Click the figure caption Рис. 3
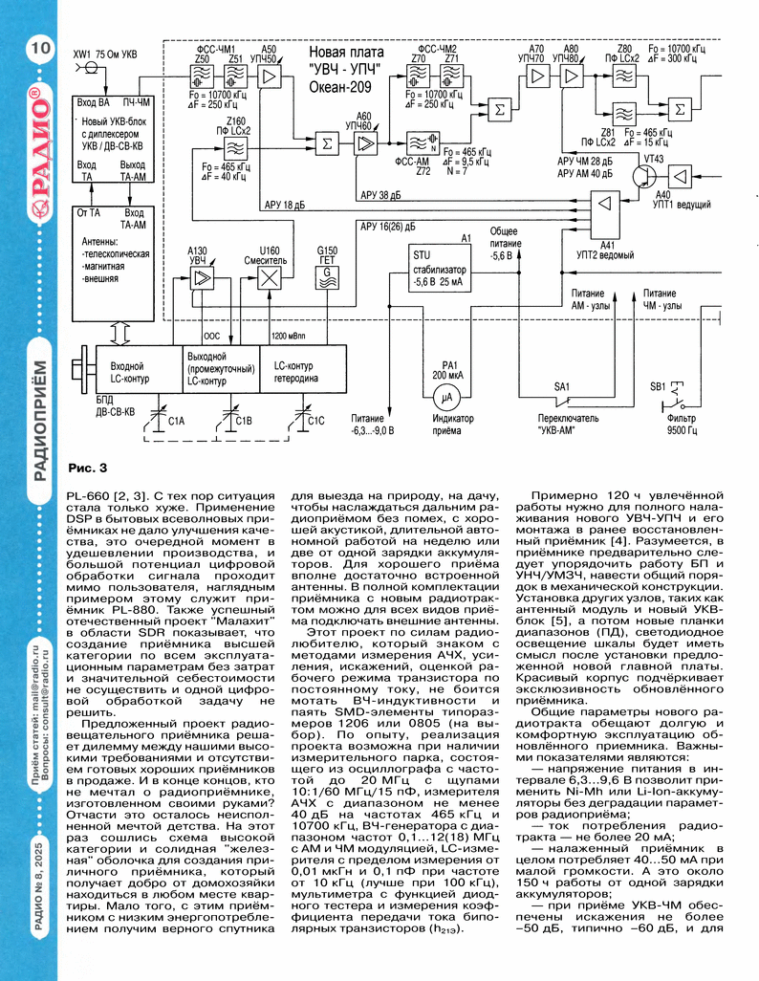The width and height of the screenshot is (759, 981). pos(88,468)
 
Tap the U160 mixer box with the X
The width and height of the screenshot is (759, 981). pos(269,278)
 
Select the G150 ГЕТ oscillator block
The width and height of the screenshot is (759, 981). pos(327,278)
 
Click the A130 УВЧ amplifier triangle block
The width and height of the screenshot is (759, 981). pos(202,278)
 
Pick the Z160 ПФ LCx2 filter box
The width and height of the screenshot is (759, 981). pos(235,149)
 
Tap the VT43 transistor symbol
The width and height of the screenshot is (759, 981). pos(642,176)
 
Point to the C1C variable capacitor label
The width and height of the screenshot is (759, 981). pos(316,421)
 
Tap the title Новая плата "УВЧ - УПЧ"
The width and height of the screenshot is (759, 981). pos(346,61)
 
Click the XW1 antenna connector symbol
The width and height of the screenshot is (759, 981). pos(92,67)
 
